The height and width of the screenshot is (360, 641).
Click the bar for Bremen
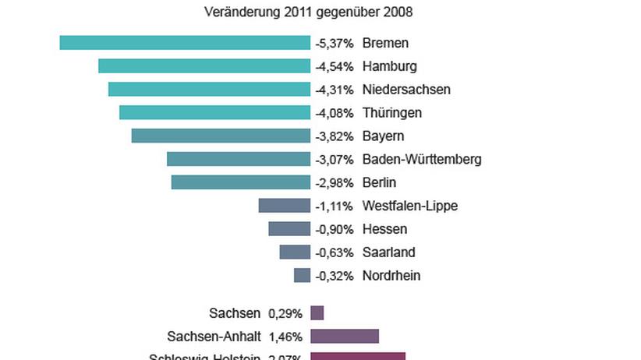[x=185, y=43]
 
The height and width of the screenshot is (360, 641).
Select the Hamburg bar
[x=204, y=66]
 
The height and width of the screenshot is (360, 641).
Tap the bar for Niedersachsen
[x=209, y=90]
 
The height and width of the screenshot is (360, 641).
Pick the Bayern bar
[x=221, y=136]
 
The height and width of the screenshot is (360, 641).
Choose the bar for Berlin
[x=241, y=182]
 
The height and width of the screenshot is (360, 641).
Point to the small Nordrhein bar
[x=302, y=276]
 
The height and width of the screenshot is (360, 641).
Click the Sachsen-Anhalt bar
[x=345, y=337]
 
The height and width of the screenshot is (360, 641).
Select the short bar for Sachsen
[x=317, y=313]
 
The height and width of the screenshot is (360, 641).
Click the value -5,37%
[x=335, y=44]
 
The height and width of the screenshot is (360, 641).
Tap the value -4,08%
[x=335, y=113]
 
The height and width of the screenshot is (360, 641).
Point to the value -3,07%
[x=335, y=160]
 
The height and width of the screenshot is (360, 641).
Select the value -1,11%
[x=335, y=206]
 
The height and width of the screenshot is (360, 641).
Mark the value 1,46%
[x=285, y=337]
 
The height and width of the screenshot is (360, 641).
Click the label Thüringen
[x=392, y=113]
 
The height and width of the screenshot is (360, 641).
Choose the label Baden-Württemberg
[x=422, y=160]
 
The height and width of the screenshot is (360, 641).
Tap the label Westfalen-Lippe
[x=410, y=206]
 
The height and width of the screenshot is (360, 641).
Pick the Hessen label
[x=384, y=229]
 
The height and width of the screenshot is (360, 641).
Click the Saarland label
[x=388, y=252]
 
